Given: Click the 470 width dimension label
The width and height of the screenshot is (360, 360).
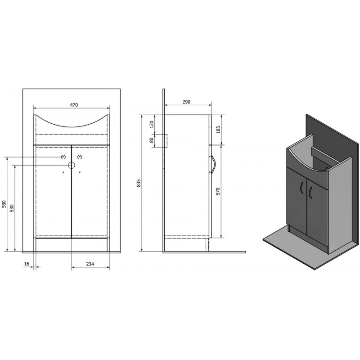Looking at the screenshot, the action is (x=74, y=105).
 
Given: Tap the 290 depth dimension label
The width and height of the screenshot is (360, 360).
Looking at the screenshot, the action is (x=186, y=102).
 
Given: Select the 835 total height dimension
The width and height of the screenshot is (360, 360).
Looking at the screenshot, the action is (x=139, y=183).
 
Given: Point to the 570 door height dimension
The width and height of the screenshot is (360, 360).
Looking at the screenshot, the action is (x=218, y=191).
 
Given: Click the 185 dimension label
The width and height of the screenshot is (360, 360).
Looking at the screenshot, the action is (x=218, y=130).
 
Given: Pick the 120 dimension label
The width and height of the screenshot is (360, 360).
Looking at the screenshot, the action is (x=152, y=125).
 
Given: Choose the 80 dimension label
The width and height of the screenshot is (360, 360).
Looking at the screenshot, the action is (x=152, y=140).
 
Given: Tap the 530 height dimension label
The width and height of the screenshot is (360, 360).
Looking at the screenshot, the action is (x=12, y=208).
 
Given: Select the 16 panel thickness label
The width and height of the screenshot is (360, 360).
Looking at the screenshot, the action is (x=27, y=264).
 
